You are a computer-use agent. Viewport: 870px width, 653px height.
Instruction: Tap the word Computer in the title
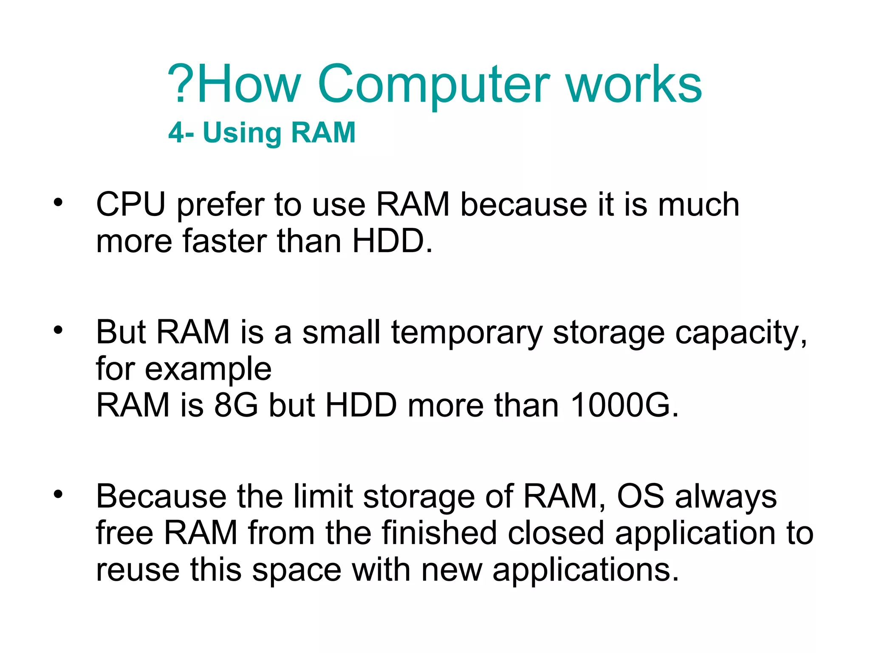[x=433, y=85]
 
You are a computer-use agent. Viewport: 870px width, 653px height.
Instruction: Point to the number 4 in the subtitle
[x=176, y=133]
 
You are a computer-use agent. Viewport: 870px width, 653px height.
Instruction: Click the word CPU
[x=130, y=204]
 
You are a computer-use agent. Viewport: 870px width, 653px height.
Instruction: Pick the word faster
[x=225, y=241]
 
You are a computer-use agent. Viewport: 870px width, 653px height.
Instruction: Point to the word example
[x=208, y=369]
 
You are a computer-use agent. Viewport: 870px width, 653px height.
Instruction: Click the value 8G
[x=236, y=405]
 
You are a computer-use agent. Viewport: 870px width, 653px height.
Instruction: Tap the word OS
[x=640, y=496]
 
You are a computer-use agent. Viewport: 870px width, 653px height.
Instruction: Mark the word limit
[x=323, y=496]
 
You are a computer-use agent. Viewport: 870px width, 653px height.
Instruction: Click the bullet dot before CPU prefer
[x=58, y=202]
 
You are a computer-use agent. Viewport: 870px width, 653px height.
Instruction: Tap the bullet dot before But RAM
[x=58, y=329]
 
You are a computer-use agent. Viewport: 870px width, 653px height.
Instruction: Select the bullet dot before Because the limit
[x=58, y=494]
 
